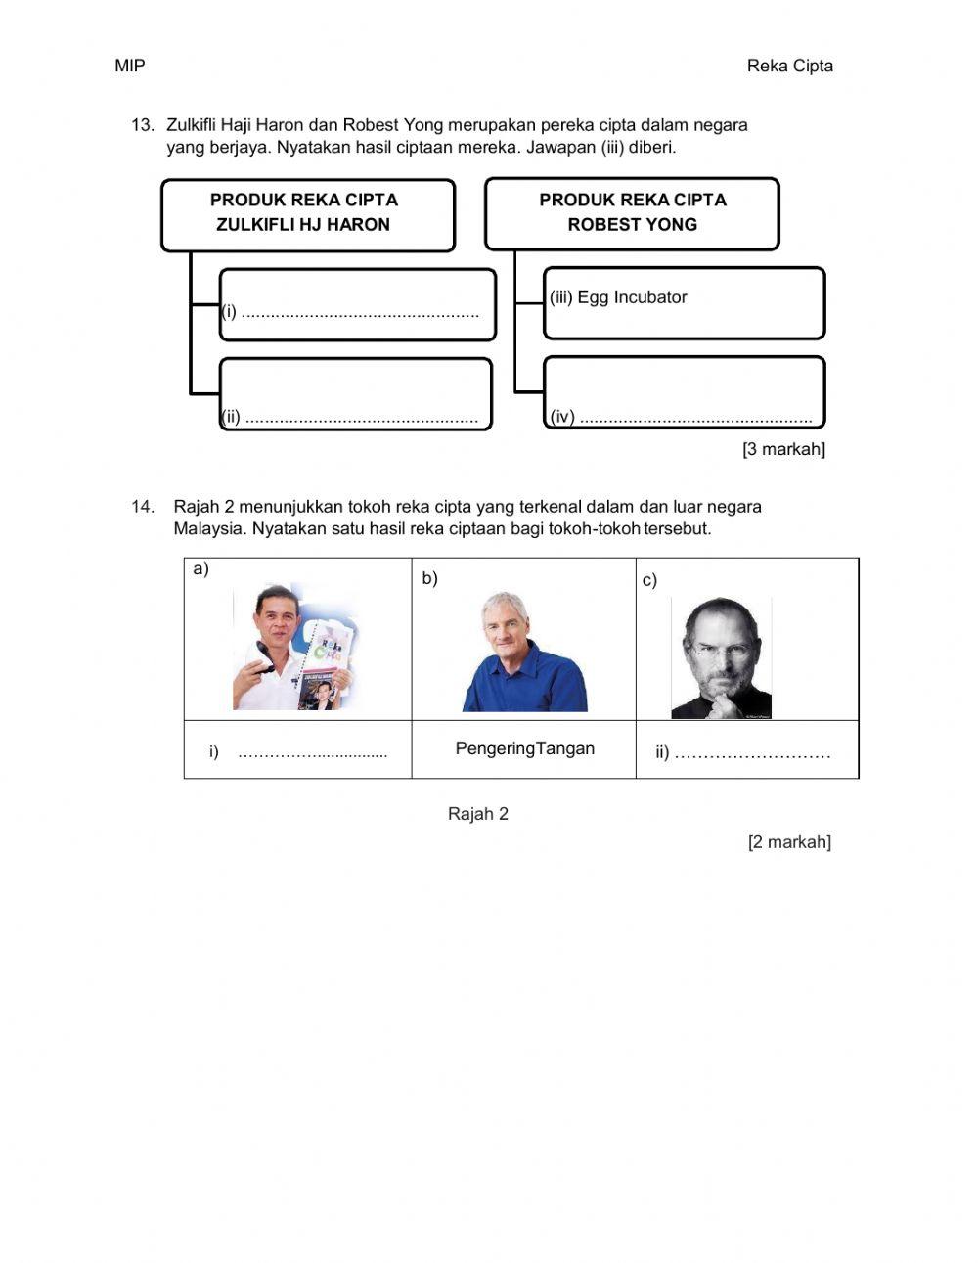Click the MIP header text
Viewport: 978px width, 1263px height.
point(129,66)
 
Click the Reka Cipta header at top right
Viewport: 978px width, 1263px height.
point(789,66)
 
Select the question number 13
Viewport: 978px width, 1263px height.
point(143,125)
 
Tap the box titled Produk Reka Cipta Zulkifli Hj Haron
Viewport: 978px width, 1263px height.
point(307,213)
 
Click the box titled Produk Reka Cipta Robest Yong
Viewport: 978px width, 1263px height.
point(632,213)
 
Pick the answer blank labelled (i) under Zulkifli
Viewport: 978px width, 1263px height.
point(359,313)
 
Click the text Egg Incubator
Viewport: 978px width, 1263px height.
point(632,297)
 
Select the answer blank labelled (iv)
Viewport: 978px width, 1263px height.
point(694,418)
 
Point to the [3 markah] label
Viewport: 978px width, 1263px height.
point(783,449)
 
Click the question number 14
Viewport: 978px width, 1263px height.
point(143,507)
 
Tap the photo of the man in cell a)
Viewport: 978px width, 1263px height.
point(293,647)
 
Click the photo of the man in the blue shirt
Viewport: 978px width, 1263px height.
point(524,653)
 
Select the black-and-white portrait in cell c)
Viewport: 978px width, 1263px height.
point(721,657)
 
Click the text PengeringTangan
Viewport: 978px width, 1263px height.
point(524,749)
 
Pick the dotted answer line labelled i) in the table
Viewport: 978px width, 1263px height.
point(312,753)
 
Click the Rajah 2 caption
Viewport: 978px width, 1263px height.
point(478,814)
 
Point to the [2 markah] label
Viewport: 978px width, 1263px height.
point(789,842)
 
